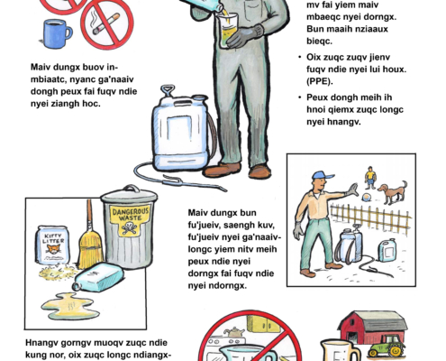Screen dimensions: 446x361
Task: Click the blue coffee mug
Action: (57, 33)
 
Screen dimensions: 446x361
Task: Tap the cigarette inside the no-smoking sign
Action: (106, 23)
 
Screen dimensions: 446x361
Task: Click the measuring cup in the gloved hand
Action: (228, 31)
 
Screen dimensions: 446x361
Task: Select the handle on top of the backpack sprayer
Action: (168, 90)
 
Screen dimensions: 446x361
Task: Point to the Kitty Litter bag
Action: (53, 245)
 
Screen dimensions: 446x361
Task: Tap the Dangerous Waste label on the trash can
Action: (130, 220)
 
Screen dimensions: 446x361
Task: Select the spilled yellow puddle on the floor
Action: (70, 306)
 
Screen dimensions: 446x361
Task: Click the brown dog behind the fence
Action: (393, 192)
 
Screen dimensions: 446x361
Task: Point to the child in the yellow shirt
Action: (370, 178)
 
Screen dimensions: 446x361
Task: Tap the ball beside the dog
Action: (366, 198)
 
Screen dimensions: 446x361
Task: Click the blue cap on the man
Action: (323, 175)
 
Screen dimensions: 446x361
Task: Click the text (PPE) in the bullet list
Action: (320, 81)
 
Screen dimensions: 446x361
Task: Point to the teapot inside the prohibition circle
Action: (234, 331)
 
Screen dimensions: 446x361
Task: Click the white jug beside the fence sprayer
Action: (387, 250)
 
